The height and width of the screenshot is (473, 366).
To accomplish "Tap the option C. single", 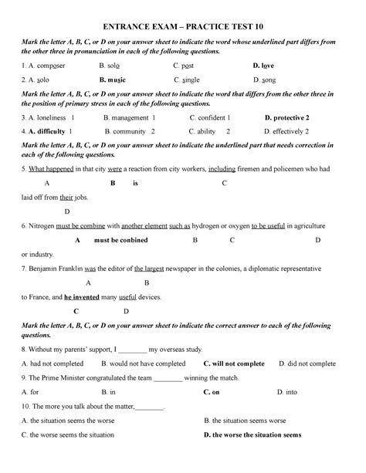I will pos(189,79).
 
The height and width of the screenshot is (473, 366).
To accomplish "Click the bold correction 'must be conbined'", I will pos(120,240).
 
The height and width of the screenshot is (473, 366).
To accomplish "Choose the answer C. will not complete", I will pos(233,363).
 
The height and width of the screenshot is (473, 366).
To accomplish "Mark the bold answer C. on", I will pos(211,392).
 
